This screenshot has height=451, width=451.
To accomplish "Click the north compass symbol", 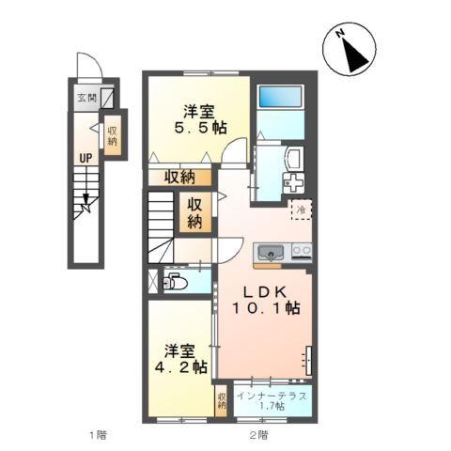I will point(353,50).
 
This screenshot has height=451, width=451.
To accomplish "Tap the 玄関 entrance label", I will point(83,96).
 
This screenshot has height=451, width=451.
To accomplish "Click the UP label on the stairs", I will point(85,158).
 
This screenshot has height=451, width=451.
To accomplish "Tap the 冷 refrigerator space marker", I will point(302,211).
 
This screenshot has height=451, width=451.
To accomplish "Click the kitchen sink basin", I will point(271,252).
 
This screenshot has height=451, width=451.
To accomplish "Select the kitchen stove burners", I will point(302,251).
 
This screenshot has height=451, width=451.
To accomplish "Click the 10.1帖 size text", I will point(267,307).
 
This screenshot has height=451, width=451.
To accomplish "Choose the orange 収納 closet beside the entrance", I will point(113,136).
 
